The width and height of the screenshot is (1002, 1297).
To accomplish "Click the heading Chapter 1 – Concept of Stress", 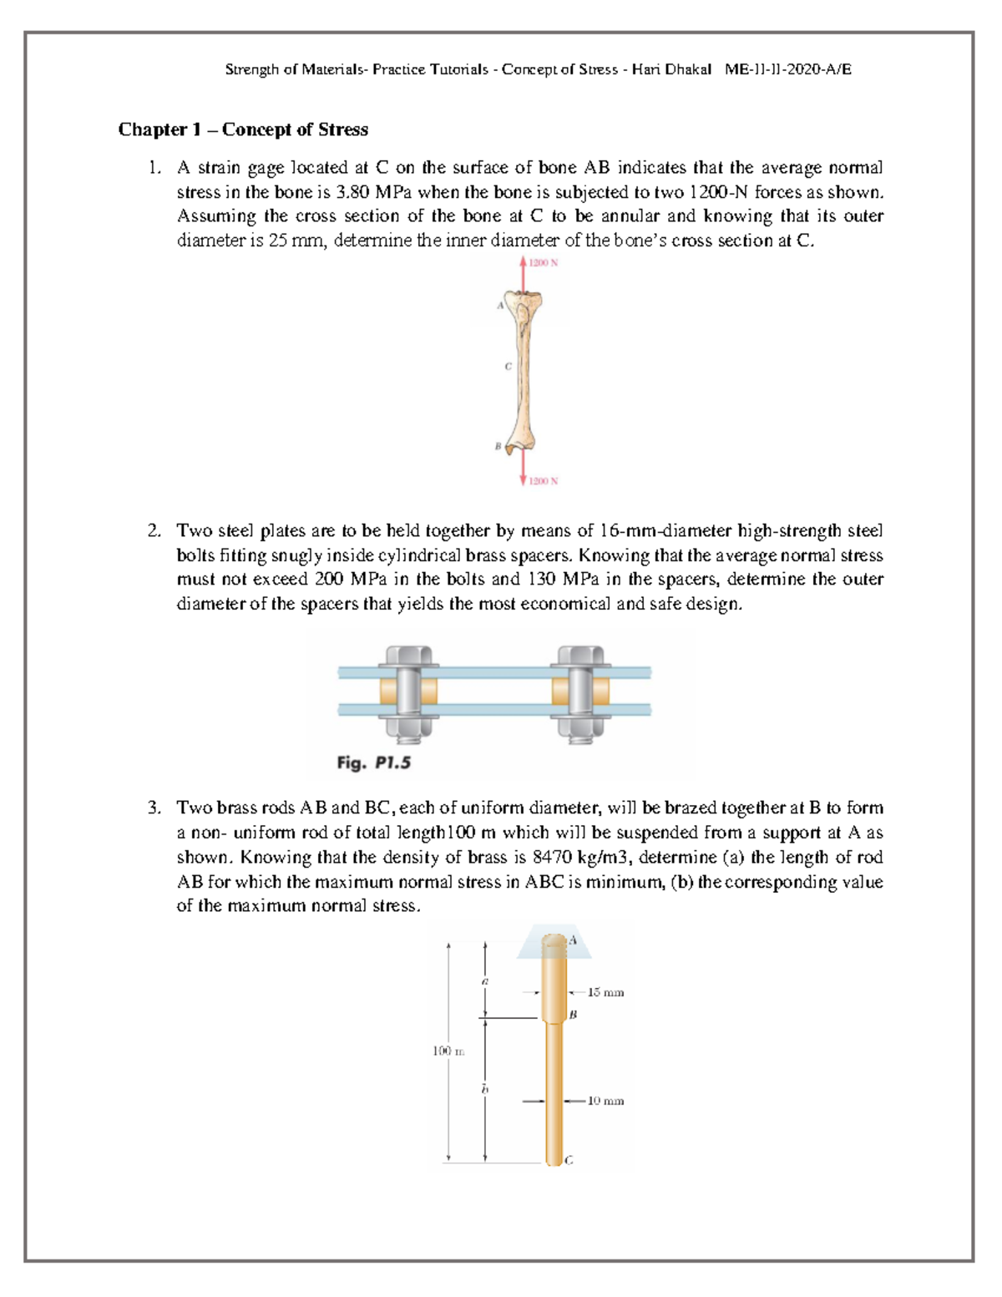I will click(243, 129).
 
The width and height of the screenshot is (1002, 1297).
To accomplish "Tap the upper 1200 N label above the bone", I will click(543, 263).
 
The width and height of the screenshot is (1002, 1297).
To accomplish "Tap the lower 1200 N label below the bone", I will click(543, 481).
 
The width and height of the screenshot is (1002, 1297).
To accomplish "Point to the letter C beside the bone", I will click(508, 366).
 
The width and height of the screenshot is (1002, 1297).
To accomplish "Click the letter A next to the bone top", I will click(501, 306).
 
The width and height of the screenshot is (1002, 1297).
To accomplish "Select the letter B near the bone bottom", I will click(498, 447).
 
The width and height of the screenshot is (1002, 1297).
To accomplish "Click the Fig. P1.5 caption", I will click(373, 762).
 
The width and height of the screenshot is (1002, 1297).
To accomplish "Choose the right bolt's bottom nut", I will click(579, 727).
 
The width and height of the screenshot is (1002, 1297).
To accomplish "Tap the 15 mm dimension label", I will click(605, 992).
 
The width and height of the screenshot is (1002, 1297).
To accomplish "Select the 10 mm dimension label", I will click(605, 1101).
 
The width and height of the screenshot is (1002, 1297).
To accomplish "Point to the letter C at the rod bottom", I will click(569, 1160).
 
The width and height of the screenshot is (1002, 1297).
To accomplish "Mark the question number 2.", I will click(154, 531).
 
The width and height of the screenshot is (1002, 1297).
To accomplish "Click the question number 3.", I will click(154, 808).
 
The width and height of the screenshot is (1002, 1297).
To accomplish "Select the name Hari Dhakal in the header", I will click(671, 69).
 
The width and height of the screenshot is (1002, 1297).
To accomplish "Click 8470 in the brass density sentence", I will click(554, 857).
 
